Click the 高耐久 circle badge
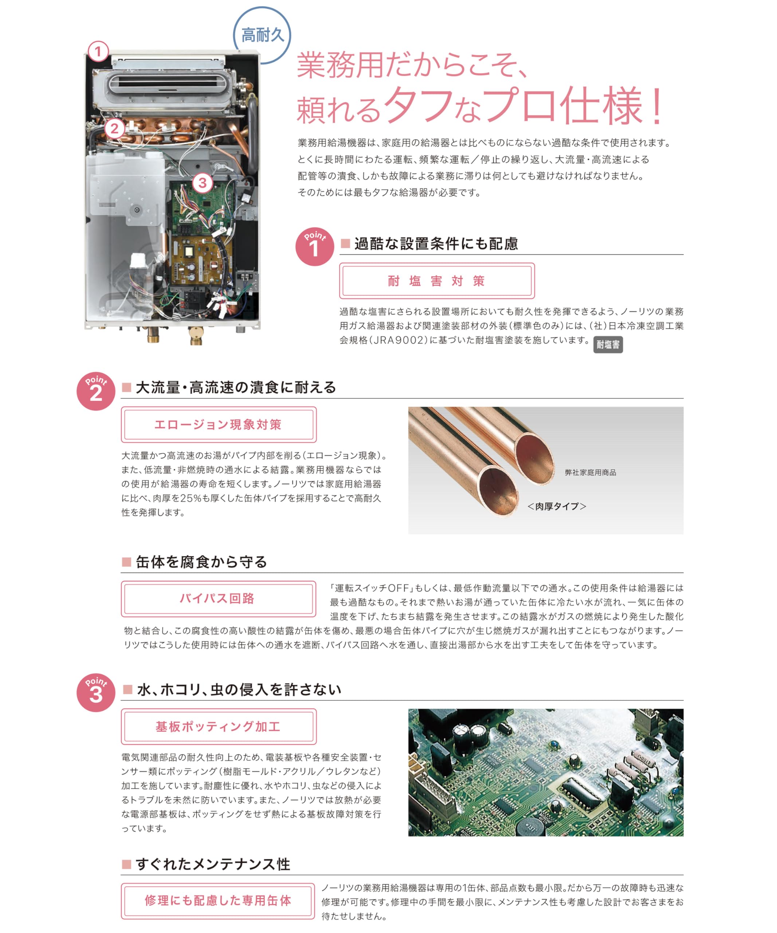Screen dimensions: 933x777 click(x=262, y=35)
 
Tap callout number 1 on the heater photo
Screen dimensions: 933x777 click(x=98, y=51)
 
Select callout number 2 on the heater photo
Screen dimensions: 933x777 click(x=114, y=129)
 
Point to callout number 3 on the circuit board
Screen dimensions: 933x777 click(x=203, y=183)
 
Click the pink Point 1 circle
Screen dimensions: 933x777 click(x=314, y=247)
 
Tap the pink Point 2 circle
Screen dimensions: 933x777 click(x=96, y=391)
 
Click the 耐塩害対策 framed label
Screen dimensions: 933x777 click(x=436, y=281)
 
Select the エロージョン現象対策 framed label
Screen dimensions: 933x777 click(x=219, y=424)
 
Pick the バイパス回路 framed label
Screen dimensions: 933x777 click(x=219, y=598)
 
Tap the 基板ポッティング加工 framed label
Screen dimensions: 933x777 click(x=219, y=726)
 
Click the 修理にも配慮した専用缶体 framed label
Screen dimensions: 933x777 click(x=219, y=901)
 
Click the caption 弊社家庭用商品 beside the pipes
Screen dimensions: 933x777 click(x=590, y=473)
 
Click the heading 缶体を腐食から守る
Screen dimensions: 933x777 click(x=201, y=562)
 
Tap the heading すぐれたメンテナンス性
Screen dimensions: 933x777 click(x=213, y=864)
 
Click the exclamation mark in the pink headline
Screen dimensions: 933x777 click(x=657, y=107)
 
